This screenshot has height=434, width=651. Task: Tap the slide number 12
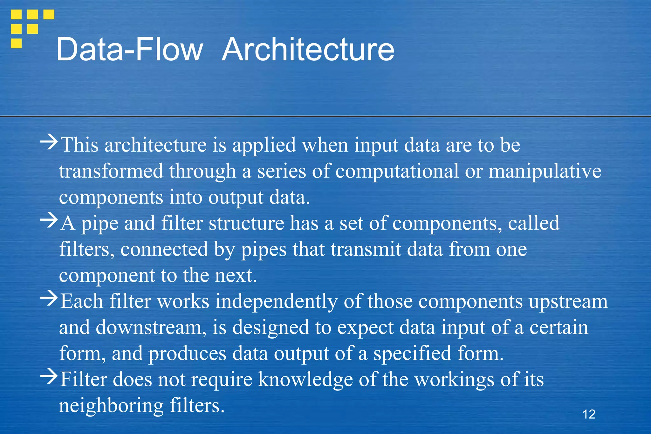click(x=589, y=414)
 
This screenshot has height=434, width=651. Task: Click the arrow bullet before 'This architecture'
click(x=49, y=142)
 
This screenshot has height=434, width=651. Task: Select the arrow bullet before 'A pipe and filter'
click(x=49, y=220)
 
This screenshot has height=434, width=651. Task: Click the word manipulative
click(x=545, y=171)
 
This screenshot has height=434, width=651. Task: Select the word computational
click(x=397, y=171)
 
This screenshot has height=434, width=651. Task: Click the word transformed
click(x=111, y=171)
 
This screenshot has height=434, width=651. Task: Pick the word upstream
click(x=568, y=302)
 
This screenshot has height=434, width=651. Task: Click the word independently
click(x=276, y=302)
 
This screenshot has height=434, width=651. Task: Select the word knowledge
click(x=305, y=380)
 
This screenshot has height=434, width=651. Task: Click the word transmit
click(x=366, y=249)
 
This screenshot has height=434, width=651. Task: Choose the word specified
click(x=412, y=354)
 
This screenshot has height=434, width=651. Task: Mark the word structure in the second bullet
click(x=246, y=223)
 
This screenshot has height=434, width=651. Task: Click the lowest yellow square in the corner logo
click(x=16, y=43)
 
